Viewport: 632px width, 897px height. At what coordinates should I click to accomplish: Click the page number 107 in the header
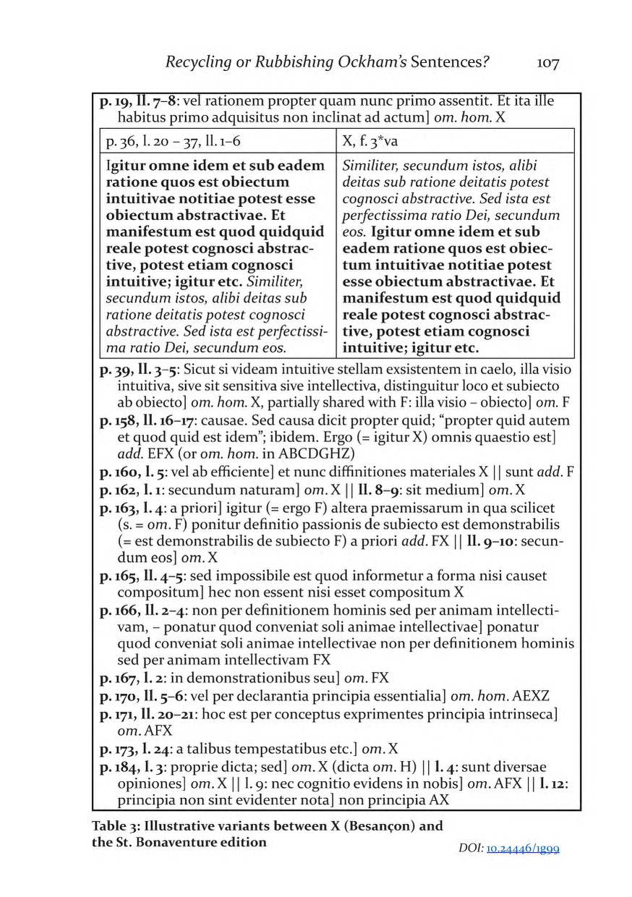pos(548,63)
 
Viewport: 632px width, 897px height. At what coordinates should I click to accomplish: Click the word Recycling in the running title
pos(198,63)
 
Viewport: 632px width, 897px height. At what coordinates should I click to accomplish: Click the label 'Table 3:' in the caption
pos(116,826)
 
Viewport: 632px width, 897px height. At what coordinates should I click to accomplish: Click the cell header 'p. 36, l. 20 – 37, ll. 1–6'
pos(163,142)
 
